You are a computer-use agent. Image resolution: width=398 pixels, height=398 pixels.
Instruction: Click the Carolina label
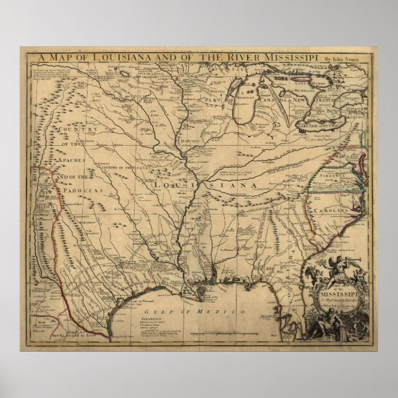pos(331,210)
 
